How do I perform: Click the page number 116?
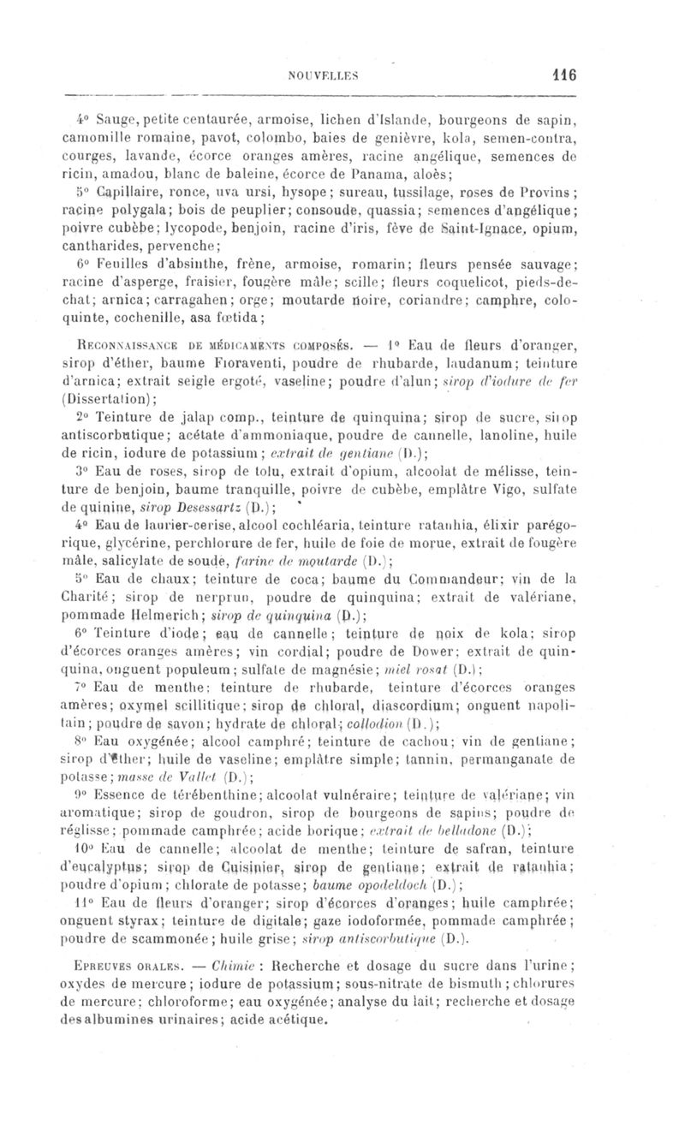coord(563,74)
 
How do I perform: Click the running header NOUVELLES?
coord(340,74)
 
